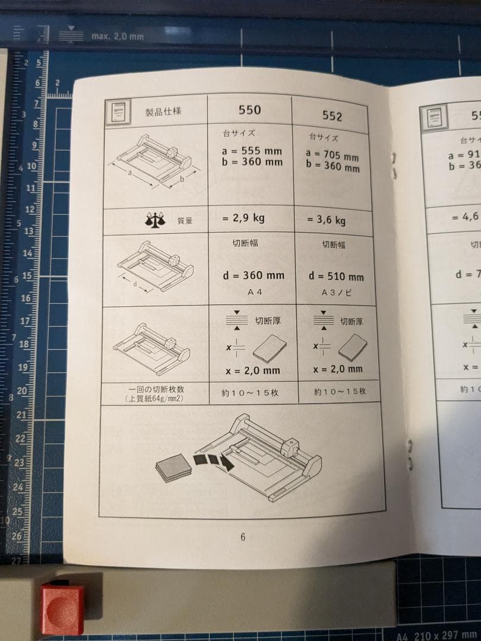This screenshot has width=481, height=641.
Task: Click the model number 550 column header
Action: (249, 110)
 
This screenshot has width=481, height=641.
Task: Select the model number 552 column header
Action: (333, 115)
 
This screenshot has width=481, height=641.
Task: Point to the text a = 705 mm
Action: (333, 156)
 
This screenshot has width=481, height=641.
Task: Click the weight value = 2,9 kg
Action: (243, 218)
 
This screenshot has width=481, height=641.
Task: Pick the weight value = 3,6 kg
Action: (326, 220)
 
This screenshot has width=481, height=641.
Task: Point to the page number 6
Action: (243, 537)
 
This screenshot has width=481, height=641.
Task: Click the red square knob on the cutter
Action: (62, 608)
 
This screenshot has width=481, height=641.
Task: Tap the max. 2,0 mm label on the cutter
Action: (118, 36)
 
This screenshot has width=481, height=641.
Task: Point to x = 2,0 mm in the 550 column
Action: (253, 370)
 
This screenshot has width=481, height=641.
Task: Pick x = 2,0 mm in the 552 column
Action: (337, 369)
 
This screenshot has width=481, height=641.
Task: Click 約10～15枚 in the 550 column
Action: (251, 393)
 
